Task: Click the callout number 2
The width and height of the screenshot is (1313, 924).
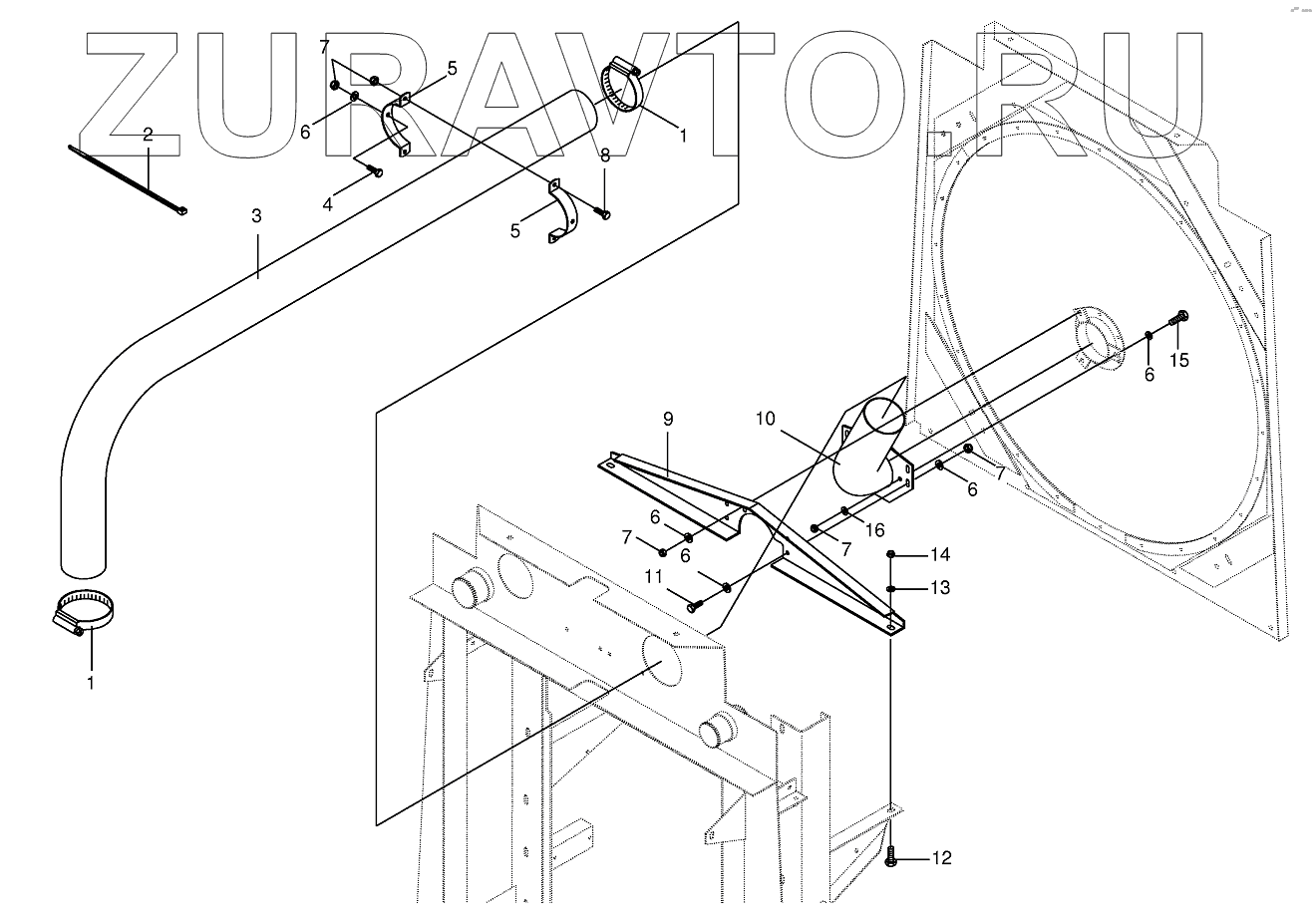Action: (148, 135)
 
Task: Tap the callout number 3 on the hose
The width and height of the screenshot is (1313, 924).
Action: (256, 216)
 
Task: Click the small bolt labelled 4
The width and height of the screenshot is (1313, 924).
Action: (375, 171)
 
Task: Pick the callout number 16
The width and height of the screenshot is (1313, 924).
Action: (873, 530)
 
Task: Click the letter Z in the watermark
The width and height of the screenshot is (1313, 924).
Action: (136, 95)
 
